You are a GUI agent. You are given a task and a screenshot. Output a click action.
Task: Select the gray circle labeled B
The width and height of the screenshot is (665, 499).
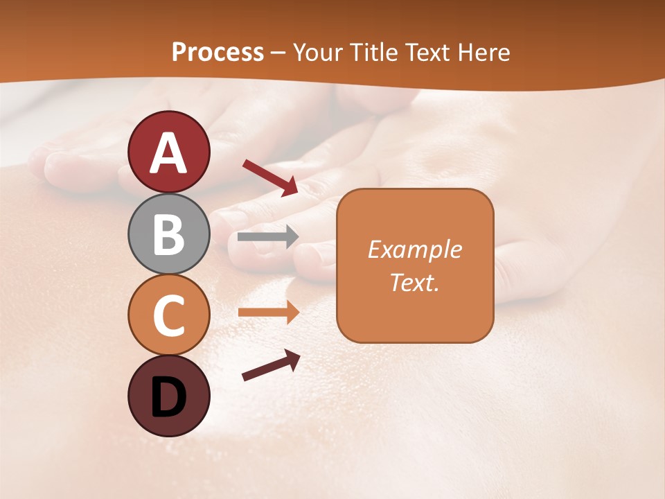click(x=169, y=234)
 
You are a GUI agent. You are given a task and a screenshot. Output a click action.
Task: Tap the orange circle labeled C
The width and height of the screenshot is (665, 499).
click(x=169, y=315)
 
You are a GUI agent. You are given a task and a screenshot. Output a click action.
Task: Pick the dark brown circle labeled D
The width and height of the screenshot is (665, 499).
click(x=169, y=396)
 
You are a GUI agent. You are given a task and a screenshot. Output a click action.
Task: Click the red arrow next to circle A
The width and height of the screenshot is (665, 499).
click(x=270, y=177)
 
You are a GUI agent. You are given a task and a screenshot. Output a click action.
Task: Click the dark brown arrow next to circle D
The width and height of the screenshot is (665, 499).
click(x=271, y=366)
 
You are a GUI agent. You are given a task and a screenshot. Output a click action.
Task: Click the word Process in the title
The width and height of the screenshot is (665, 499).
click(x=218, y=52)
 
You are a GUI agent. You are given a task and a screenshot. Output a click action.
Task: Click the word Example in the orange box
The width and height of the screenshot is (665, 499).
click(x=414, y=249)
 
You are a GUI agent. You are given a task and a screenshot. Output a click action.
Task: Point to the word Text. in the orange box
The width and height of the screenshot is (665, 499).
click(x=414, y=282)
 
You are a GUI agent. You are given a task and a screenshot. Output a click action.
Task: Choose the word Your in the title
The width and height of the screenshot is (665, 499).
click(x=318, y=52)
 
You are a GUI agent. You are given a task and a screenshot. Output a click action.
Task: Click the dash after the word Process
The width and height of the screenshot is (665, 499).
click(x=278, y=53)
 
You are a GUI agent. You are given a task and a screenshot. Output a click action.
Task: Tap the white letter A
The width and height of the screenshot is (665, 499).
click(x=169, y=152)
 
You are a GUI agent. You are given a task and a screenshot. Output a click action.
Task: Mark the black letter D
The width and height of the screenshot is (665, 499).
click(x=169, y=397)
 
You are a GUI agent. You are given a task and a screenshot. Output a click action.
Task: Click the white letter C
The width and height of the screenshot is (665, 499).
click(x=169, y=316)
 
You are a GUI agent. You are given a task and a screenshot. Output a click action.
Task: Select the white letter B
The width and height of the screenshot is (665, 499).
click(x=169, y=234)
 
